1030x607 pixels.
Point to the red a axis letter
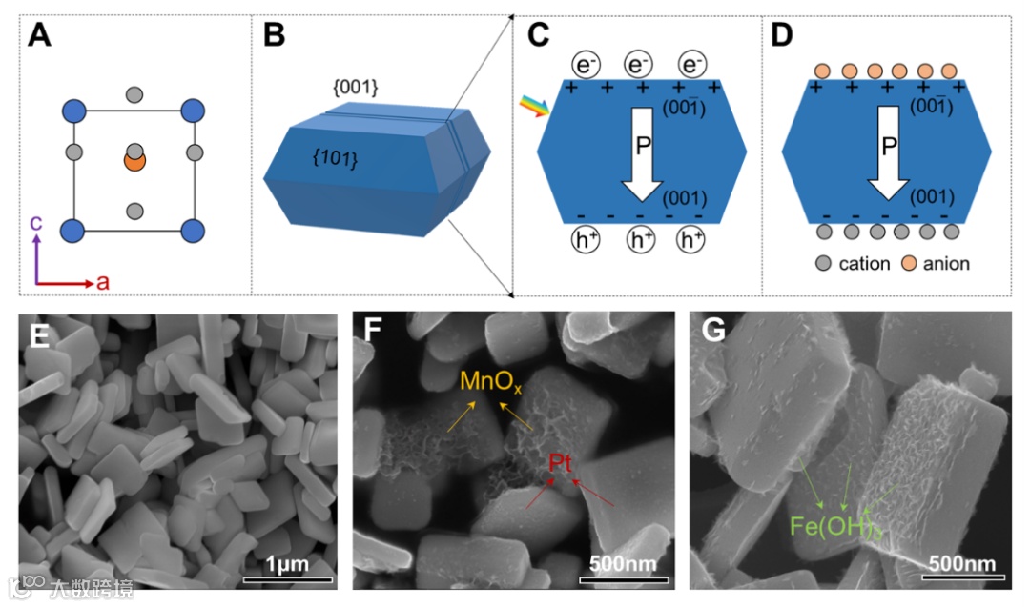102,283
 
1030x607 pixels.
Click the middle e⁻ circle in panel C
637,65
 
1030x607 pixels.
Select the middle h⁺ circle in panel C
640,242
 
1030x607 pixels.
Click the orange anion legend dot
908,263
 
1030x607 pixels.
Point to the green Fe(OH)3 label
828,525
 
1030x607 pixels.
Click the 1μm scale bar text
286,563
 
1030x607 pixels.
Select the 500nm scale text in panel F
625,562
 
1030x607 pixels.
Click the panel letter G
712,334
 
